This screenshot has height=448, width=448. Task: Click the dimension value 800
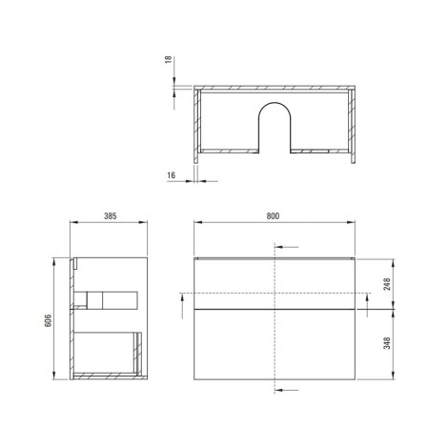(x=273, y=216)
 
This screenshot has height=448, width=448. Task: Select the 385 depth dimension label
(x=111, y=216)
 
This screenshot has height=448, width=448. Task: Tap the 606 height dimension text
(x=48, y=320)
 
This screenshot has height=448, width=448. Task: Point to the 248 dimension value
(x=387, y=284)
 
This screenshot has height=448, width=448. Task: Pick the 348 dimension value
(x=387, y=343)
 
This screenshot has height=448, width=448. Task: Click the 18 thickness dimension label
(x=168, y=59)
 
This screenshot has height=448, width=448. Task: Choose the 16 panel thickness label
(x=171, y=175)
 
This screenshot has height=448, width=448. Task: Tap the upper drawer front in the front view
(x=275, y=284)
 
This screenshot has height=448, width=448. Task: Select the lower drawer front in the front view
(x=275, y=344)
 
